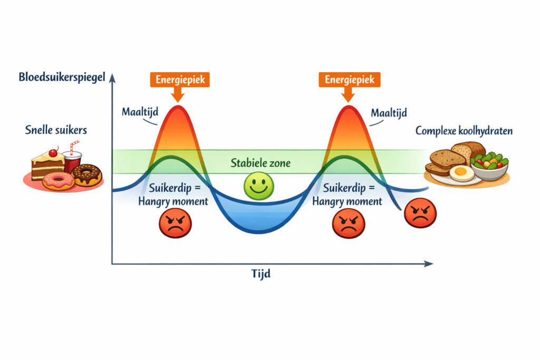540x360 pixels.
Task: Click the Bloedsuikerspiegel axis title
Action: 62,77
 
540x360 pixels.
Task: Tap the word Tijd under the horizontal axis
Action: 261,274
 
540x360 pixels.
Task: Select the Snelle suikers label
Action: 56,130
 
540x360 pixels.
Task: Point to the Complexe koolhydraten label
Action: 464,131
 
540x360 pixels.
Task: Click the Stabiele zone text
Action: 261,163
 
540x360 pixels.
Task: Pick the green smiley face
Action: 258,186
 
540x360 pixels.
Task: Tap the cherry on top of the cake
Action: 53,152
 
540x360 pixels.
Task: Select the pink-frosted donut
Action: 58,181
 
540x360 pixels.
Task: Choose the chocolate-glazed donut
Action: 87,174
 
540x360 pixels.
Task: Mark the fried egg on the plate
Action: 461,173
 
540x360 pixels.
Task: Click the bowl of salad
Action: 489,166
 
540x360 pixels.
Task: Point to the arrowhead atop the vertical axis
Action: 112,78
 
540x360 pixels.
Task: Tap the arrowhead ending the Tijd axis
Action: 429,264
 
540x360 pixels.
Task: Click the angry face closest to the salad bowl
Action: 420,213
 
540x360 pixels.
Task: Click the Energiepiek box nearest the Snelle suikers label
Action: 180,80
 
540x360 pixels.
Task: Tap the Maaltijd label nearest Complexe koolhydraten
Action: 389,113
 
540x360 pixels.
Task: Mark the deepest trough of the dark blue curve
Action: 259,233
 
